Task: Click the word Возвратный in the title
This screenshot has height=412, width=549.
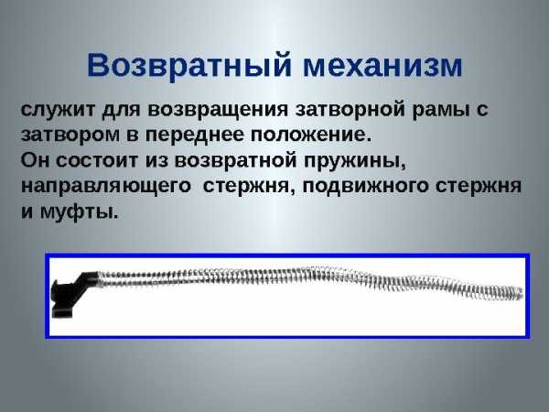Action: [x=189, y=66]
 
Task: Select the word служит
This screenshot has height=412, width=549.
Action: [x=58, y=110]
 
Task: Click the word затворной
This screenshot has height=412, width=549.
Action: [x=350, y=110]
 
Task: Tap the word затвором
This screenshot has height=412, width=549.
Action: [x=70, y=136]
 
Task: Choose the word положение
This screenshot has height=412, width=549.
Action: [x=310, y=136]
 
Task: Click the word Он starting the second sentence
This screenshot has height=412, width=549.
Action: [x=35, y=161]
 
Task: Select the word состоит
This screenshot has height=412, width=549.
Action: [x=97, y=161]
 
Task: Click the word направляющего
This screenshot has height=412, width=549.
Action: [x=106, y=187]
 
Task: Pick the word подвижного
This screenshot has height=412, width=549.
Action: [x=365, y=187]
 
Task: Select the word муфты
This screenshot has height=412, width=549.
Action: [x=79, y=212]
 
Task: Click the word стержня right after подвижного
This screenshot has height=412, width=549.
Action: [x=479, y=187]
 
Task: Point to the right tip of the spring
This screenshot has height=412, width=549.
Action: [x=522, y=293]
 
